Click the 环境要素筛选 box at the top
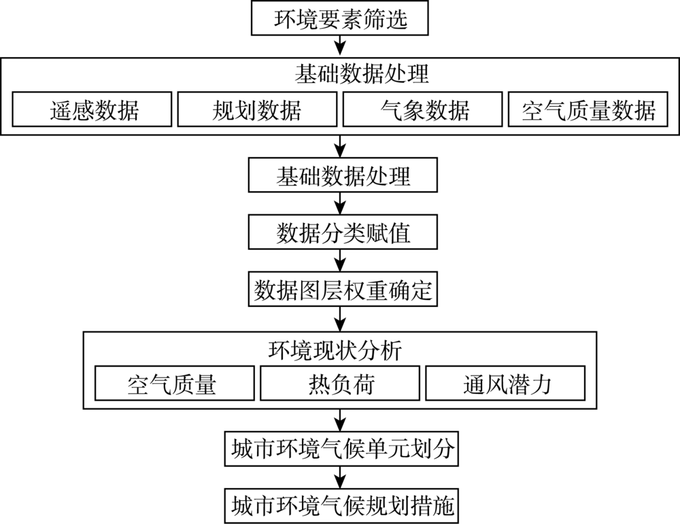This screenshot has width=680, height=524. tap(340, 18)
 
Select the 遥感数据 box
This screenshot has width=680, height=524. tap(92, 109)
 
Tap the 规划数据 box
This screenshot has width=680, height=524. tap(257, 109)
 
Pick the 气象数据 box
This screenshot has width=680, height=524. tap(423, 109)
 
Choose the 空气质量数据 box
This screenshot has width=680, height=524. tap(588, 109)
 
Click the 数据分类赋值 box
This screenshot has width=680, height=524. tap(343, 232)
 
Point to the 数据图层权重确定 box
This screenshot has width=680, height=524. tap(343, 289)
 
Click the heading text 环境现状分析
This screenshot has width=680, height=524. tap(335, 350)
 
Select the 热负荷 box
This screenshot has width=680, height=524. tap(340, 383)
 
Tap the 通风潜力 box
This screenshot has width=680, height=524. tap(506, 383)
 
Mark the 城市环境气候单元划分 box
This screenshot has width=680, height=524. tap(342, 448)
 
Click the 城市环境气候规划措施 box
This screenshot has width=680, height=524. tap(342, 506)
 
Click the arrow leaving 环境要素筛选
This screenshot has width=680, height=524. tap(341, 46)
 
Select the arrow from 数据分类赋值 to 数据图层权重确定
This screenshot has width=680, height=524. tap(341, 261)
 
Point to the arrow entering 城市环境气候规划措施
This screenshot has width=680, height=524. tap(341, 477)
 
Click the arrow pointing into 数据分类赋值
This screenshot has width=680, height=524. tap(341, 203)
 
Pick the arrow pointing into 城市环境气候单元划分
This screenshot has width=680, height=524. tap(341, 420)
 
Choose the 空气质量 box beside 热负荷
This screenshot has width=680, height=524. tap(175, 383)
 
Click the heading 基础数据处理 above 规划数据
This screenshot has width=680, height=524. tap(362, 73)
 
